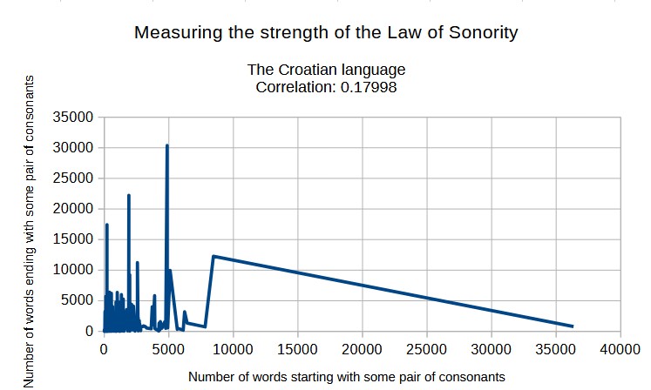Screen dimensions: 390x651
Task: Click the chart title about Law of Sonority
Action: tap(326, 34)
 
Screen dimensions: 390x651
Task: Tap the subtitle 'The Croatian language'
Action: tap(326, 70)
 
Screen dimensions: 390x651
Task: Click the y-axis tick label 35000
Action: tap(73, 118)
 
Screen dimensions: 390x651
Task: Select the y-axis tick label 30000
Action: tap(73, 148)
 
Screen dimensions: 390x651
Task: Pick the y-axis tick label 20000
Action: tap(73, 209)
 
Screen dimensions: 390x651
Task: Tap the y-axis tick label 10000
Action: tap(73, 270)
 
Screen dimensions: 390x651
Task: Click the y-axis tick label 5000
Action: tap(77, 300)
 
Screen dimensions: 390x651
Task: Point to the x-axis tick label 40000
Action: tap(620, 349)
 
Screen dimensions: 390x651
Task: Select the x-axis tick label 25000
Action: tap(426, 349)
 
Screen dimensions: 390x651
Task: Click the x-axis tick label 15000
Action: tap(297, 349)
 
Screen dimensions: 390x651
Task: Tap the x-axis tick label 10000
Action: tap(233, 349)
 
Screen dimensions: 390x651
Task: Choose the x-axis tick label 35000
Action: tap(555, 349)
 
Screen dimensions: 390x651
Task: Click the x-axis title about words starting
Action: tap(346, 377)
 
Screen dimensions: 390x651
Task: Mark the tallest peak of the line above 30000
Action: tap(166, 145)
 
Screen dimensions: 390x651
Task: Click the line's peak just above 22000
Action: tap(129, 195)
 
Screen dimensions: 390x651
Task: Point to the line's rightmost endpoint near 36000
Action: tap(572, 326)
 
